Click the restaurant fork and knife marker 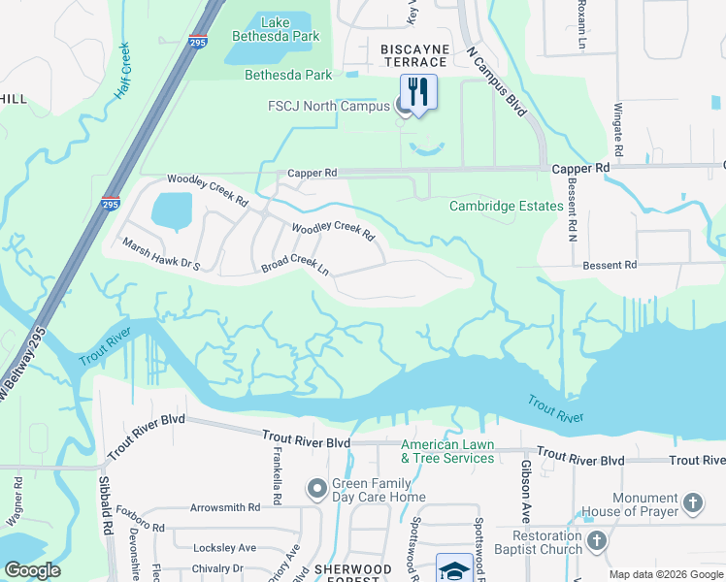click(x=418, y=92)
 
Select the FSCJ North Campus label click(x=329, y=107)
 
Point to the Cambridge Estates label click(x=506, y=207)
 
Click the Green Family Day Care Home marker click(x=316, y=490)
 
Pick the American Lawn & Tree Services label click(x=447, y=452)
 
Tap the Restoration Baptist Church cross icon click(x=597, y=540)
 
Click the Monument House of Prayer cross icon click(x=692, y=502)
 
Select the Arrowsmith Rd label click(x=225, y=507)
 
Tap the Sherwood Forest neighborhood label click(x=352, y=569)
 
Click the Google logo click(x=32, y=570)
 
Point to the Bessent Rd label click(x=609, y=265)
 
